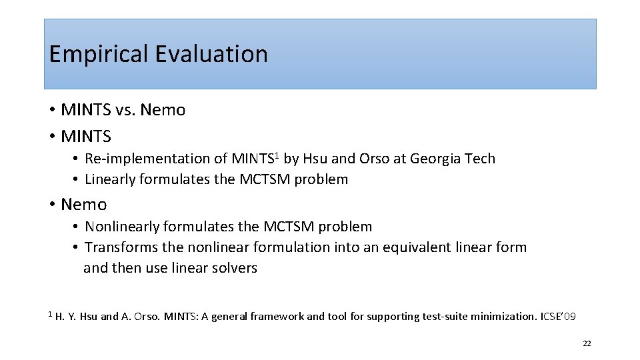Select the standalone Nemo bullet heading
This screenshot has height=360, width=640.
[83, 204]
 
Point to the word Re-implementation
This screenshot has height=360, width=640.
[156, 159]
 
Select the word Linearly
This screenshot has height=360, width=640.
[111, 179]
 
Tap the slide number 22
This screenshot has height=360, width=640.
[587, 343]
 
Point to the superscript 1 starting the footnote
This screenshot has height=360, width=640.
[50, 313]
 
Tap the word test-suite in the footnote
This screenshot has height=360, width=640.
[445, 317]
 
